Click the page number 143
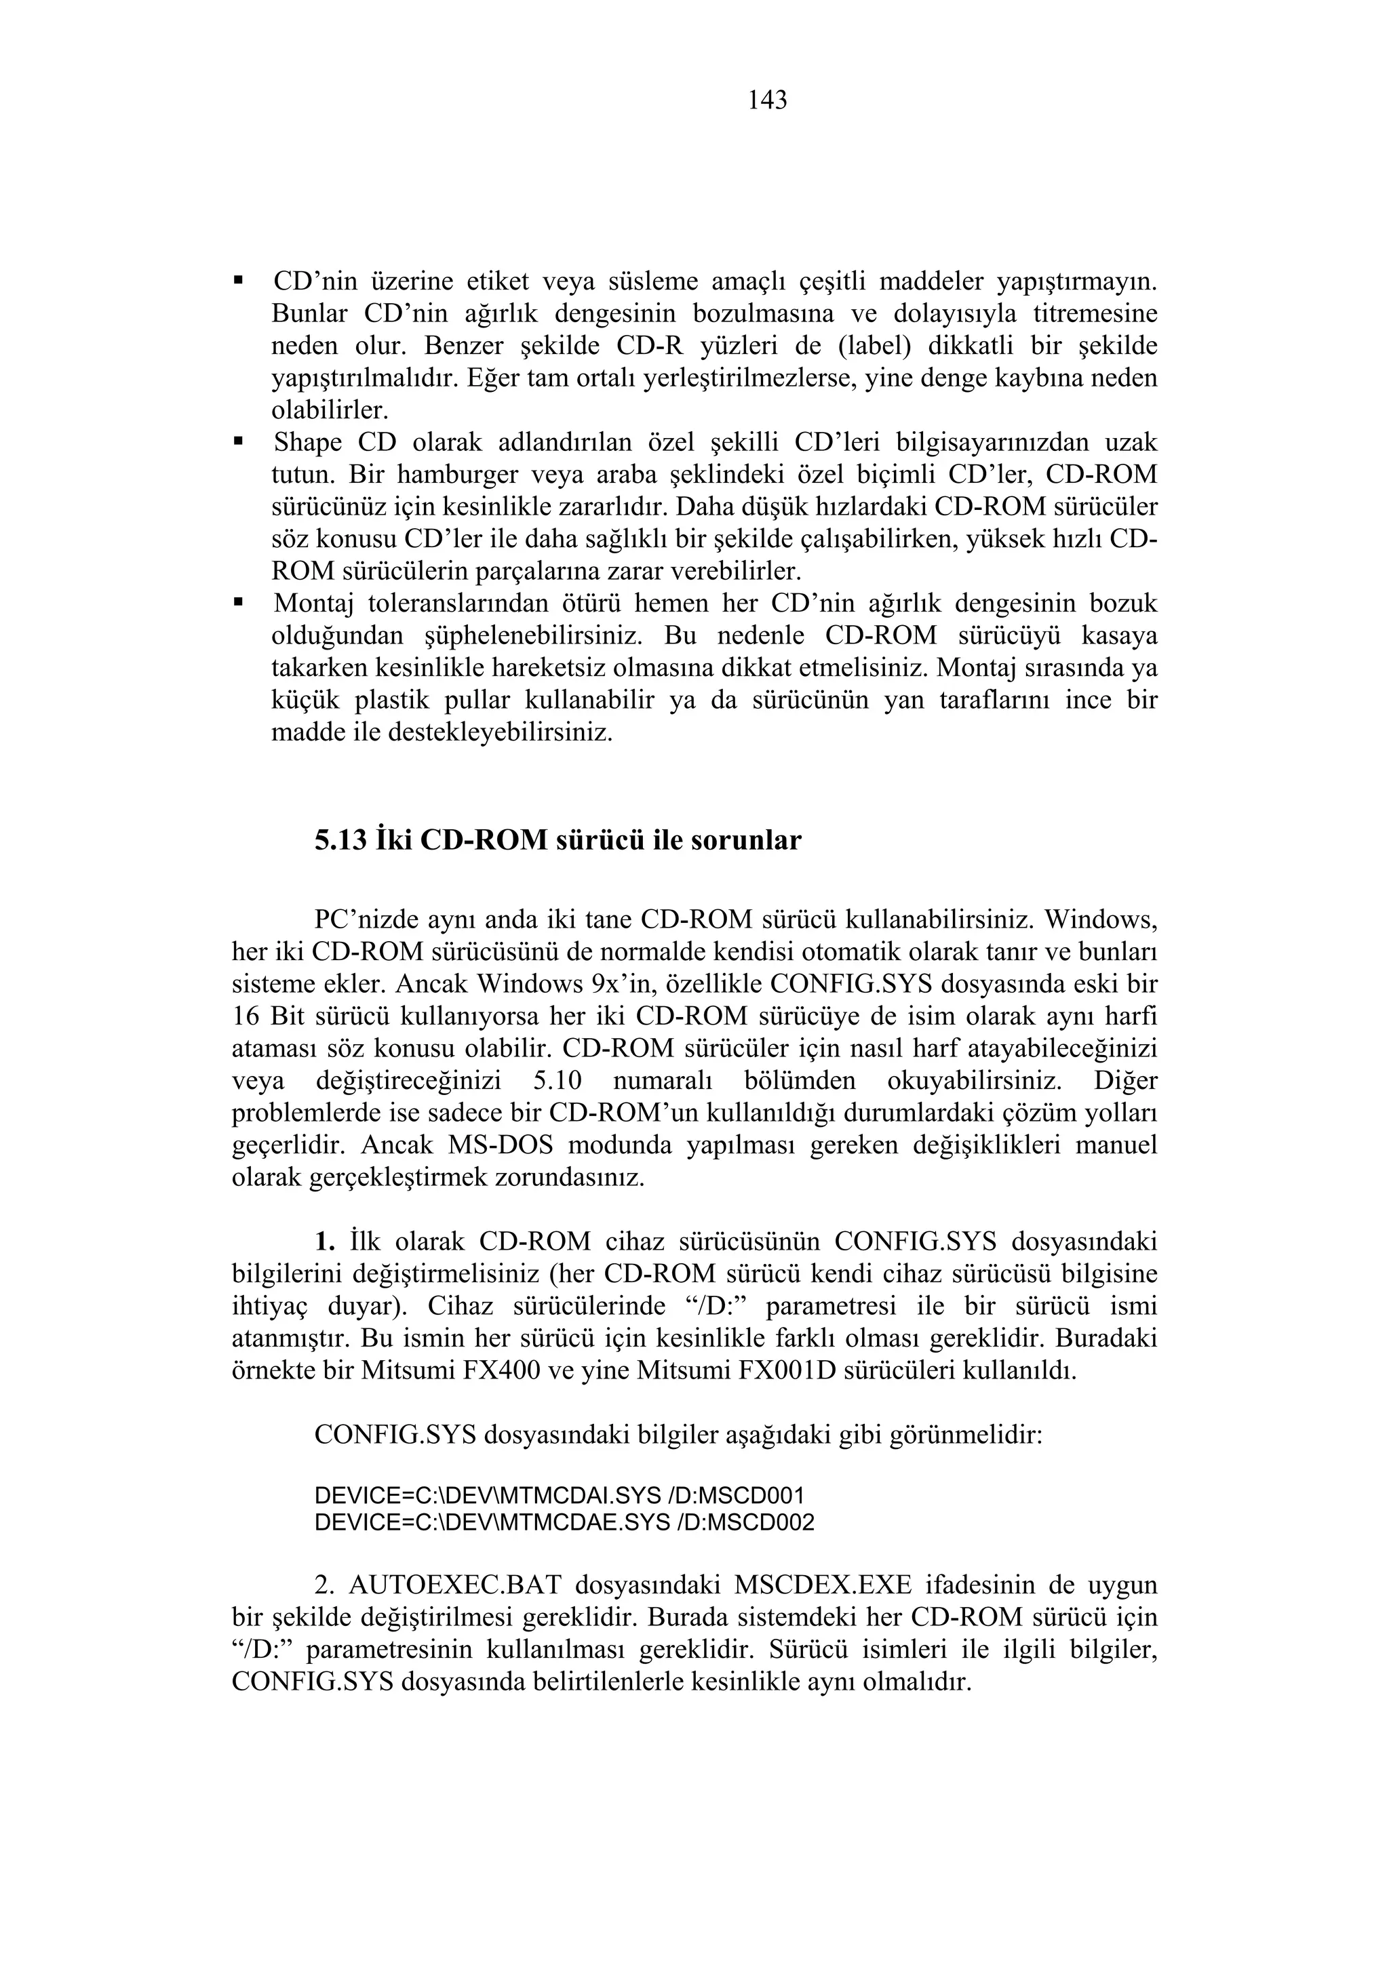[767, 101]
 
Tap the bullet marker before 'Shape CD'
[239, 441]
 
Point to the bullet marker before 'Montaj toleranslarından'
[239, 603]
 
